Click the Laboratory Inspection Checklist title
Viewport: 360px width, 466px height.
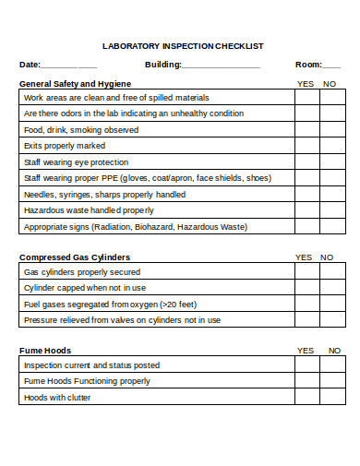[182, 45]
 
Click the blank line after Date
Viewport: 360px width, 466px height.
[69, 66]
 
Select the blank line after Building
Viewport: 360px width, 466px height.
[221, 66]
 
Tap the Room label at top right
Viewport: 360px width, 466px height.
[307, 65]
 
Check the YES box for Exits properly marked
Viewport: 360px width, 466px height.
[306, 146]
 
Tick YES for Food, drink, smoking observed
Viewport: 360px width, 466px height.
[306, 130]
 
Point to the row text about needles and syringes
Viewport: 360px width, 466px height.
[104, 195]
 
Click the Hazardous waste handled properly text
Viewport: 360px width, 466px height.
[89, 210]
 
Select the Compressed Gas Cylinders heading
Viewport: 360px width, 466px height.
[75, 257]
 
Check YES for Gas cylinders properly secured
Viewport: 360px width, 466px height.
[306, 272]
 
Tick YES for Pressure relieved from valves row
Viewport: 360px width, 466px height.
[306, 320]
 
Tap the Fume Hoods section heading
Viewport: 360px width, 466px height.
[45, 351]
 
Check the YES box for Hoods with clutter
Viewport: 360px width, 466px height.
[306, 398]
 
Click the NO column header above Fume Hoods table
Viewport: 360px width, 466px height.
[333, 351]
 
